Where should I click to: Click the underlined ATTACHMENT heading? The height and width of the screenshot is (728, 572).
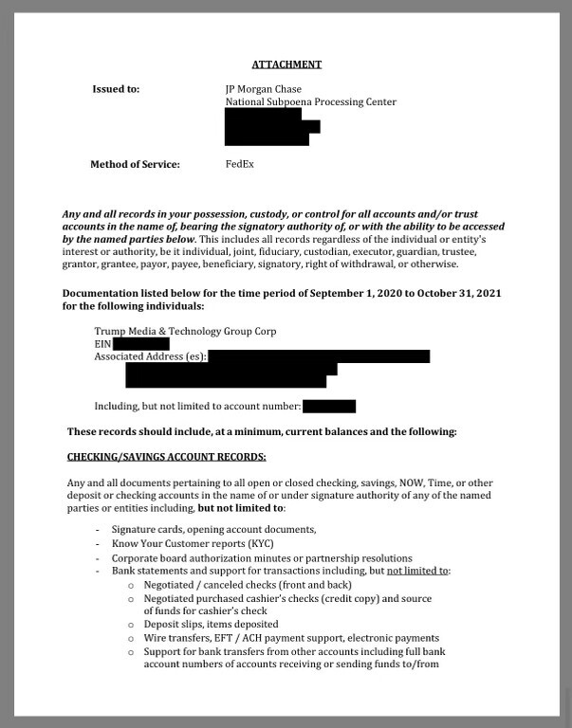click(286, 64)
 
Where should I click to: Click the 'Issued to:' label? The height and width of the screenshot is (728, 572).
click(115, 89)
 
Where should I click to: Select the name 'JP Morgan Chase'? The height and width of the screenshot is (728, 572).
click(263, 89)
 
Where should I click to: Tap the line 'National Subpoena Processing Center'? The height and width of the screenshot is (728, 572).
click(310, 102)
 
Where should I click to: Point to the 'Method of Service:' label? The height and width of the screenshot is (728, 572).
click(135, 164)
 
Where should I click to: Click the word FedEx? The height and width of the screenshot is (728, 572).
click(239, 164)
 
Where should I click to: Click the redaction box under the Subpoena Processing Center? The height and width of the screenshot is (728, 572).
click(269, 127)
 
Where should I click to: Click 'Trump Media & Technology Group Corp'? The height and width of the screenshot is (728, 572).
click(185, 331)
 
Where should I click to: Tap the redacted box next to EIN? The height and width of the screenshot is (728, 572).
click(140, 344)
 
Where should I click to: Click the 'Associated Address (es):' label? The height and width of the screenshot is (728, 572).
click(150, 356)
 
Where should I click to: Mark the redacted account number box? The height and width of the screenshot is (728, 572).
click(329, 407)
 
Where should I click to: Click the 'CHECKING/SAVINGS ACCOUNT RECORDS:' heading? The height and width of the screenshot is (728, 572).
click(166, 457)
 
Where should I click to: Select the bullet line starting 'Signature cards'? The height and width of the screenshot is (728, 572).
click(213, 529)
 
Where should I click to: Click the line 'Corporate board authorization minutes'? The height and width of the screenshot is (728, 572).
click(261, 558)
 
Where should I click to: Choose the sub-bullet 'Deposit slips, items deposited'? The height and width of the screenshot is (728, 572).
click(211, 625)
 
